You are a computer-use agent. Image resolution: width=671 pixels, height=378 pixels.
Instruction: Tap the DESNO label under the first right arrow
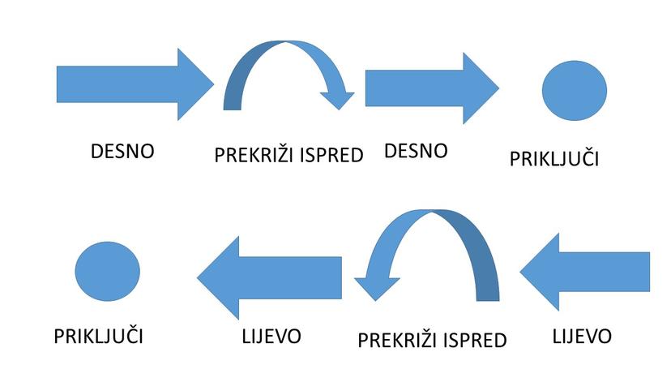pos(122,151)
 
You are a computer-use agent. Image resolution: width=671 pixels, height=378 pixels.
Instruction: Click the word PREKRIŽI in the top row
pos(252,154)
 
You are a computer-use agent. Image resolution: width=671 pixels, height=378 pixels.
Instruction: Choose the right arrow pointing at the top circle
pos(430,88)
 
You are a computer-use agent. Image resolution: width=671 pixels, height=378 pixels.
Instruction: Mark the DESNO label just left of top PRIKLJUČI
pos(416,151)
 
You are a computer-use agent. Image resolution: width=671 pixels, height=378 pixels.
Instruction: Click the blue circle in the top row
pos(574,88)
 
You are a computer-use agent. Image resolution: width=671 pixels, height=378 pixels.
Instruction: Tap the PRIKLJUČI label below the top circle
pos(553,158)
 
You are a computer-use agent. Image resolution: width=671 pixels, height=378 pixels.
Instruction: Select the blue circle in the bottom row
pos(108,271)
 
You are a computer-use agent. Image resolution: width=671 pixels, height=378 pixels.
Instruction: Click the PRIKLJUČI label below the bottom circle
pos(104,336)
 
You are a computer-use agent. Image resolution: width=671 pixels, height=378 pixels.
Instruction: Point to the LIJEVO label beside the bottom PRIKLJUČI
pos(271,336)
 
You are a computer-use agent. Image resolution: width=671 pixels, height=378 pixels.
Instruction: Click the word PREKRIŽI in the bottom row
pos(395,340)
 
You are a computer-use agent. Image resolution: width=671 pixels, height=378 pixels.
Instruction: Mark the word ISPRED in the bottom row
pos(471,340)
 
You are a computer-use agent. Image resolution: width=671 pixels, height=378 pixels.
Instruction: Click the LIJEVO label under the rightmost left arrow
pos(582,336)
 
